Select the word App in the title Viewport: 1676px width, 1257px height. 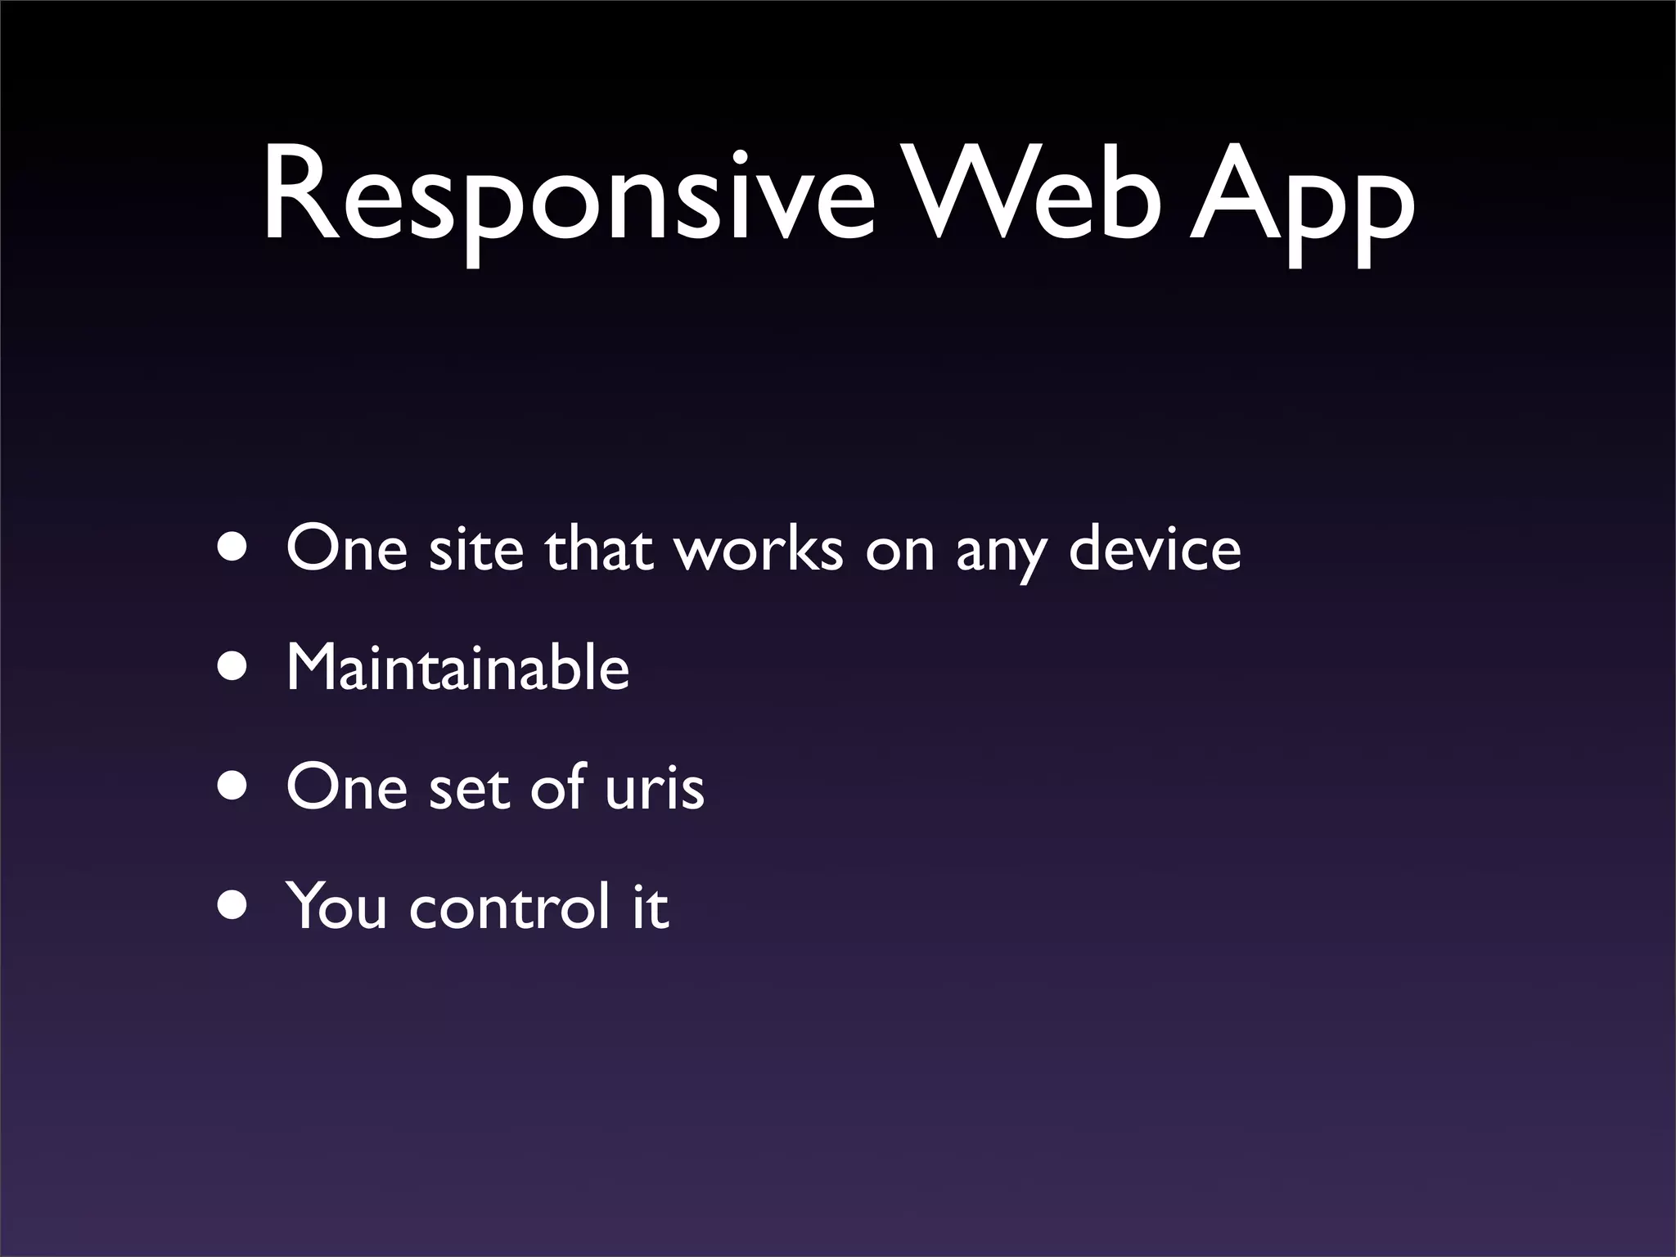pos(1301,205)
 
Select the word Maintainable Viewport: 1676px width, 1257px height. pos(457,668)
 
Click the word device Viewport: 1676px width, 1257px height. pos(1154,548)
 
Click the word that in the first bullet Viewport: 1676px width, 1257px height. pos(599,548)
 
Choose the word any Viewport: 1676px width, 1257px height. pos(1000,552)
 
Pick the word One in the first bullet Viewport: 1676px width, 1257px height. pos(346,548)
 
